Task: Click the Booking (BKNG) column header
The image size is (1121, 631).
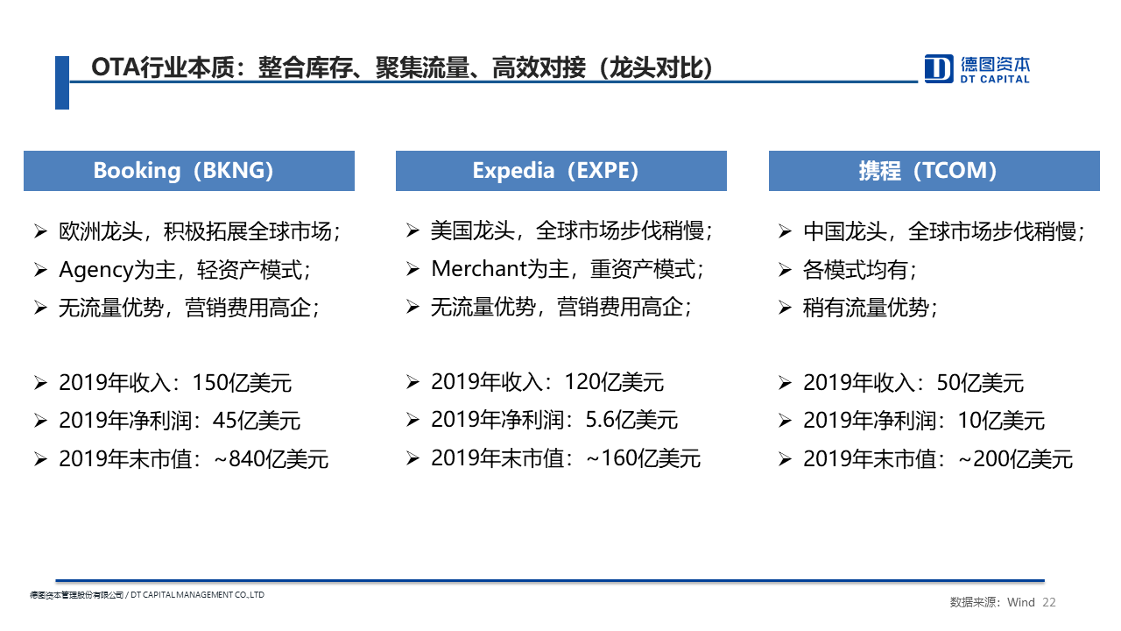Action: click(189, 171)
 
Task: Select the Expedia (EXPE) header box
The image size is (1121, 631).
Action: click(561, 171)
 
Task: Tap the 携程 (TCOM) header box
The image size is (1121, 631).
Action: click(934, 171)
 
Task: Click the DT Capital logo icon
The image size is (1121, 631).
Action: click(938, 68)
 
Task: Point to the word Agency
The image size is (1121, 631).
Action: click(95, 271)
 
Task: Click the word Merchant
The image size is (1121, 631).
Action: click(479, 269)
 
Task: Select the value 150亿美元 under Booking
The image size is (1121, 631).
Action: click(242, 383)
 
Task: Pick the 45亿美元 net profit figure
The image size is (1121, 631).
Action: click(257, 421)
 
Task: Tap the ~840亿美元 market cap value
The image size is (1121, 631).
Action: click(271, 459)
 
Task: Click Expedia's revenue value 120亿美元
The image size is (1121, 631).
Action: click(614, 383)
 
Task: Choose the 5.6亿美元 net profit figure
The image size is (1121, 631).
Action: click(631, 420)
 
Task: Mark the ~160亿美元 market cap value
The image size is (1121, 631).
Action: click(643, 458)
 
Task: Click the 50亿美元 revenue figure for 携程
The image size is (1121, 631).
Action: click(980, 383)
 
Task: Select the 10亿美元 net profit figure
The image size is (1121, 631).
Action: click(1001, 421)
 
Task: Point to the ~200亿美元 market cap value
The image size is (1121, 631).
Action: click(1015, 459)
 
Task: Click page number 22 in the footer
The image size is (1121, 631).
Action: click(1049, 602)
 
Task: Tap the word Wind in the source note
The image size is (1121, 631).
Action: click(1021, 602)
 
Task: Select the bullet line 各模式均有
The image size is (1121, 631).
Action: click(860, 271)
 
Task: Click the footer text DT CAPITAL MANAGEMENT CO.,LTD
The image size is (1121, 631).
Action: click(197, 595)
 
